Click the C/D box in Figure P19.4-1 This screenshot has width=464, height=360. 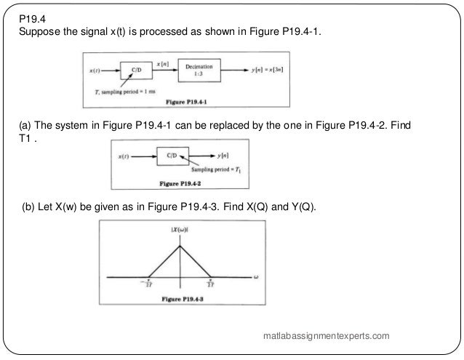(137, 71)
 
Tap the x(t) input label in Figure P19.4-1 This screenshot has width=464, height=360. (95, 71)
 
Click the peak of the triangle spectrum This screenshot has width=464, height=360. (180, 244)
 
